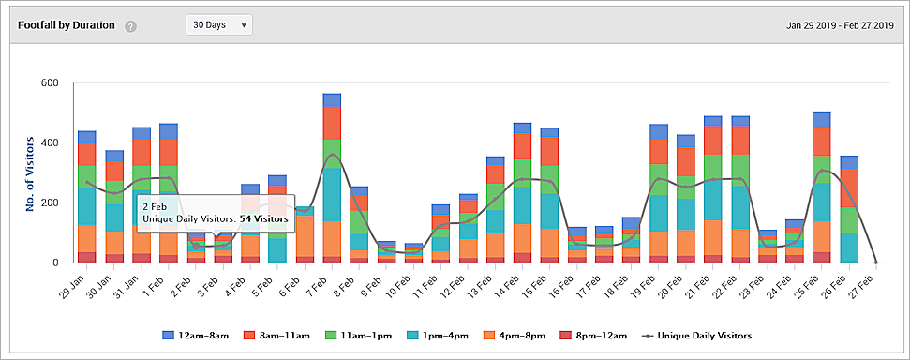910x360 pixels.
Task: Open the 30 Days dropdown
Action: pyautogui.click(x=219, y=25)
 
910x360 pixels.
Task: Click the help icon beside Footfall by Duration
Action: pyautogui.click(x=131, y=26)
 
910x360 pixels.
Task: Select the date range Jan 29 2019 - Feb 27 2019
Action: pyautogui.click(x=840, y=25)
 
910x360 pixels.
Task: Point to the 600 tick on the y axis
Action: pyautogui.click(x=47, y=82)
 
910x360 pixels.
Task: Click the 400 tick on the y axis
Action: pyautogui.click(x=47, y=142)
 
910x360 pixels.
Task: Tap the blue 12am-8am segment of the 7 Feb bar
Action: pyautogui.click(x=332, y=99)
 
